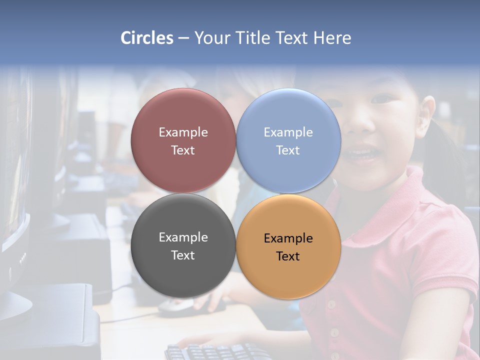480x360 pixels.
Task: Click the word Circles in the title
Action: point(147,38)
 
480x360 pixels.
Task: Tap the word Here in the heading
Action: point(332,38)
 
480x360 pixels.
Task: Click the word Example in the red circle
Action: point(183,132)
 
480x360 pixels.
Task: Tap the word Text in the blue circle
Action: point(288,150)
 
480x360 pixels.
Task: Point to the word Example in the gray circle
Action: point(183,237)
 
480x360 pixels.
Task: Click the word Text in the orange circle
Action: point(288,256)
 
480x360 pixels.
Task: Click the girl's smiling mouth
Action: point(363,152)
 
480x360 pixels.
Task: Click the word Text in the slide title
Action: point(292,38)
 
